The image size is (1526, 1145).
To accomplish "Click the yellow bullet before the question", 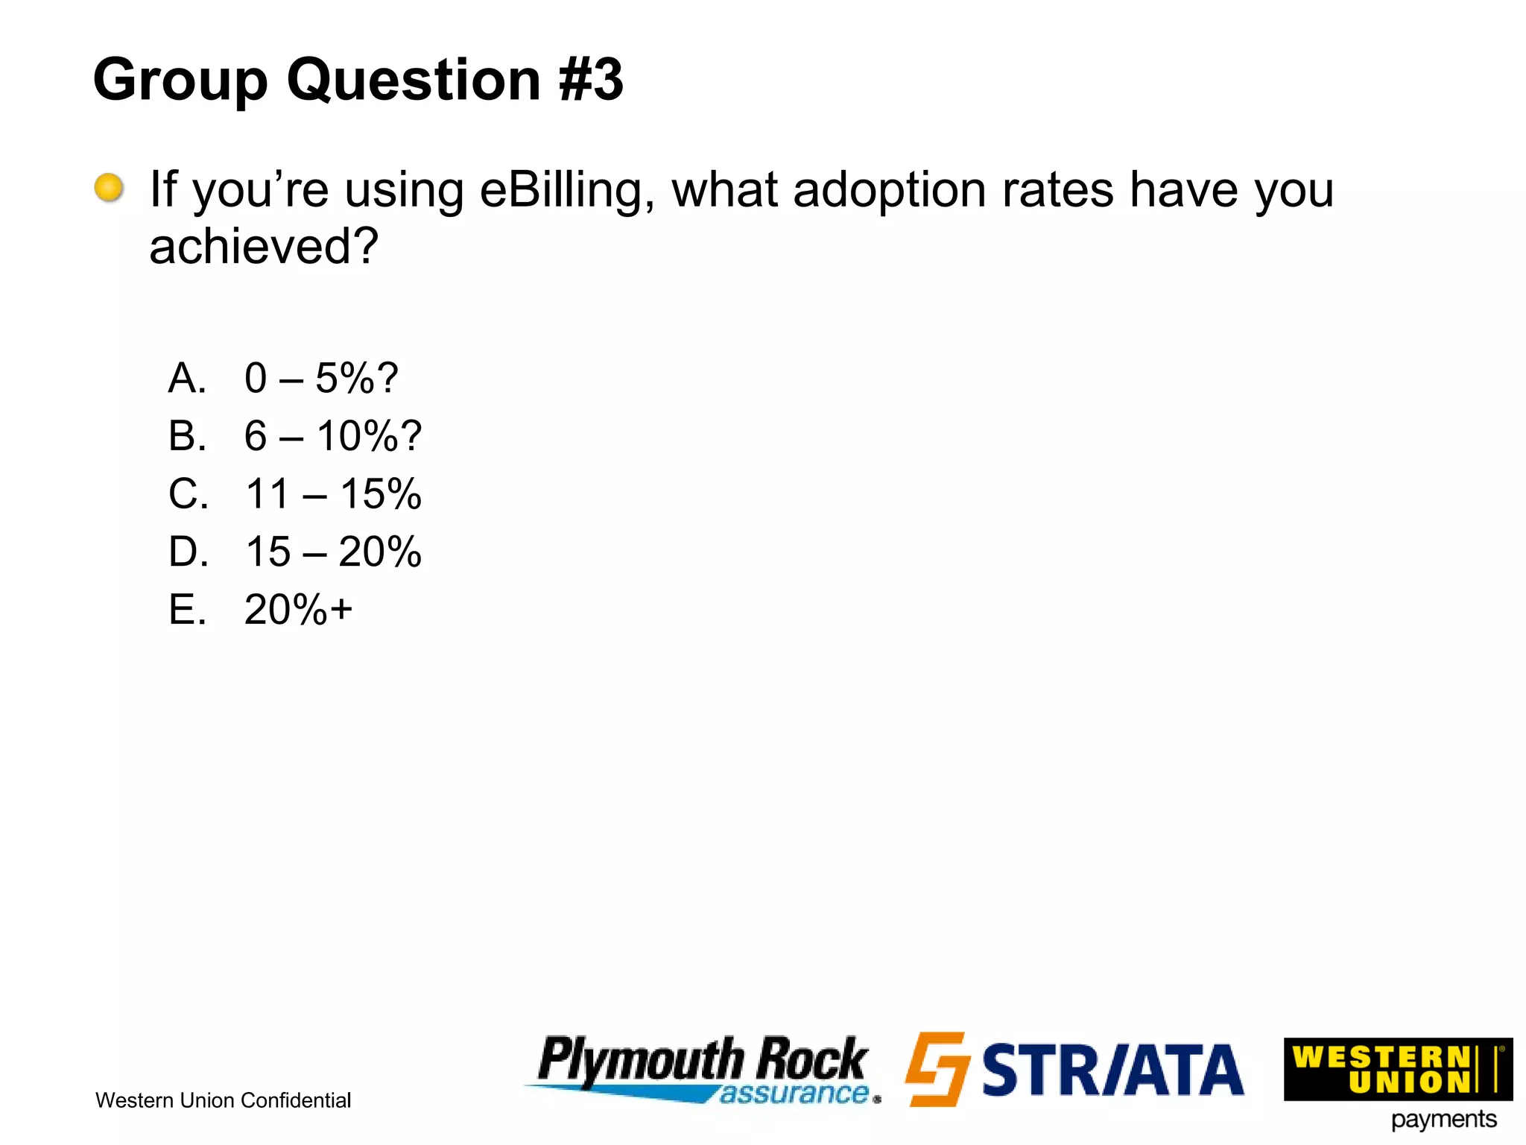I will point(109,188).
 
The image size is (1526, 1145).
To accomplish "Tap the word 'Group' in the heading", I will point(180,81).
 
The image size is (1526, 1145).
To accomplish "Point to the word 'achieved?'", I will point(264,247).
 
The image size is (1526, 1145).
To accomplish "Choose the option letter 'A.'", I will point(187,378).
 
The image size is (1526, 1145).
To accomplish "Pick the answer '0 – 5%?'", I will point(321,378).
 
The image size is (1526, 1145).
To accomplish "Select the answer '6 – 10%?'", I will point(332,436).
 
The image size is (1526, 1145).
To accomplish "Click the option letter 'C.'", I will point(188,493).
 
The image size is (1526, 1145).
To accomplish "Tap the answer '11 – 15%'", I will point(333,493).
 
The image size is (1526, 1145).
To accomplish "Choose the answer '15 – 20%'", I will point(333,552).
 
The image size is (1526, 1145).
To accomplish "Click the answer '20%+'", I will point(298,610).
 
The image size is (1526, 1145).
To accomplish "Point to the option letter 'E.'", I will point(187,610).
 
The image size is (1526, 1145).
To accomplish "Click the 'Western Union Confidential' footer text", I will point(223,1100).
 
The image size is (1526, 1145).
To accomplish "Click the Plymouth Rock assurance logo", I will point(703,1069).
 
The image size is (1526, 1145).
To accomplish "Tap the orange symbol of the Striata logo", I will point(937,1069).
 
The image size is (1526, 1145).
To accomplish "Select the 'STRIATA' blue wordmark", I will point(1112,1070).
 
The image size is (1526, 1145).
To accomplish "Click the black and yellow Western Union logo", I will point(1397,1069).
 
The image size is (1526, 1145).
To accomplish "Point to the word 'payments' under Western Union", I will point(1443,1120).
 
